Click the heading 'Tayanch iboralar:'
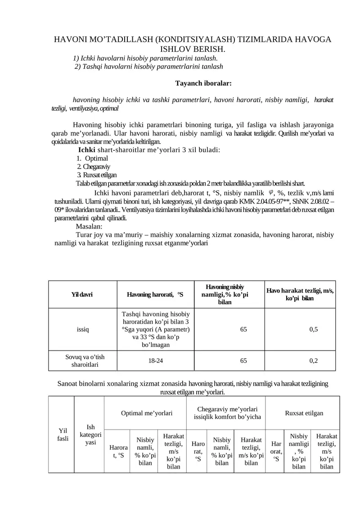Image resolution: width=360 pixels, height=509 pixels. [203, 83]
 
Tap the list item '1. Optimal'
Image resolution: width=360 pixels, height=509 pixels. [92, 158]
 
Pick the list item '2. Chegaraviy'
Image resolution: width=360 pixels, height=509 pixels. [94, 167]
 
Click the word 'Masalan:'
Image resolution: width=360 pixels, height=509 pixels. [89, 226]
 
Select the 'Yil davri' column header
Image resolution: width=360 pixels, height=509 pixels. [82, 294]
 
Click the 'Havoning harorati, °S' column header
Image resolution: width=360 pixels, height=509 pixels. [155, 294]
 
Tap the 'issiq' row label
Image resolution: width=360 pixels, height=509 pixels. [83, 329]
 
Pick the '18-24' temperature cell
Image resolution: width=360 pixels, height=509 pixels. [155, 360]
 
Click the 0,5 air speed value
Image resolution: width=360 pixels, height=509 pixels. [314, 329]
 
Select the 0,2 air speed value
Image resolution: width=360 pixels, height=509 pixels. [314, 360]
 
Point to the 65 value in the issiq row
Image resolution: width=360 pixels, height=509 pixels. [243, 329]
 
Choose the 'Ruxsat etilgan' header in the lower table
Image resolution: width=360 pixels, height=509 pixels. [304, 413]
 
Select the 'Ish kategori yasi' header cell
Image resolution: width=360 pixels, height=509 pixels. [90, 435]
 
